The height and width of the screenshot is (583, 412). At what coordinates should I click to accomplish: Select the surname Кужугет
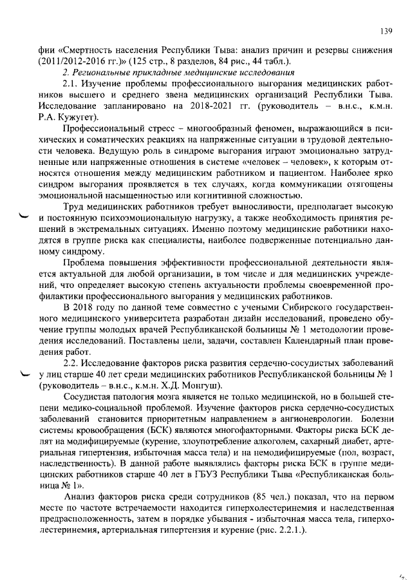coord(76,117)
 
